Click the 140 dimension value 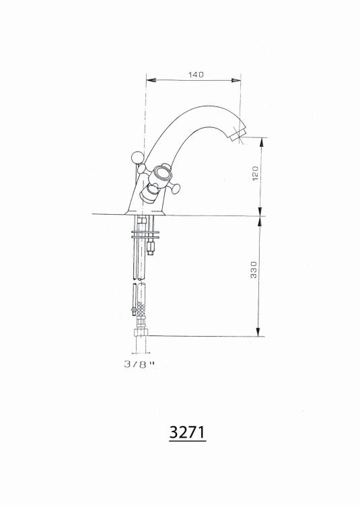click(196, 75)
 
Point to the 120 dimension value click(255, 174)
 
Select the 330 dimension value click(254, 269)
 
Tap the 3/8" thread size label click(139, 364)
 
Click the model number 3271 click(187, 432)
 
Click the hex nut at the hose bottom click(141, 332)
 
